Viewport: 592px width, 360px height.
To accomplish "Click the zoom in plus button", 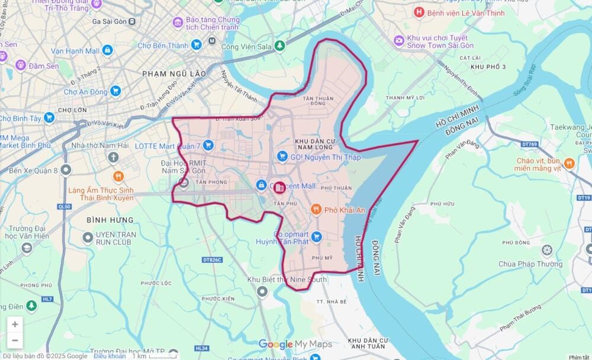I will pos(15,324).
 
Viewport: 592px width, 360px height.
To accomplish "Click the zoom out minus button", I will pos(15,340).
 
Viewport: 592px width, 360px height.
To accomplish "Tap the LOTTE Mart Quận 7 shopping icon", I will pos(208,144).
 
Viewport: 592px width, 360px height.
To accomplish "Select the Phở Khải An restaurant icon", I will pos(316,210).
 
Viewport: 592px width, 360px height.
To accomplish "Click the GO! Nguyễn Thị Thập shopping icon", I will pos(282,156).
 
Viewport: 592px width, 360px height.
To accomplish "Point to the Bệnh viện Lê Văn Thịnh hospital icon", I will pos(419,12).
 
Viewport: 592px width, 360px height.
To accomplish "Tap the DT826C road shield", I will pos(213,259).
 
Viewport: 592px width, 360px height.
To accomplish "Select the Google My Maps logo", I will pos(294,344).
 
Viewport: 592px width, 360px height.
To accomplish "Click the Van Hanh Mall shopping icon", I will pos(107,50).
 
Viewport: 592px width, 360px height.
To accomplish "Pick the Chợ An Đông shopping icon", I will pos(115,91).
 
